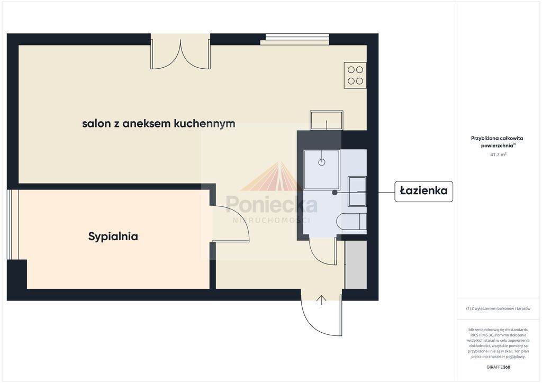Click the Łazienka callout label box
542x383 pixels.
423,191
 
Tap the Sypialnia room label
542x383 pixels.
113,237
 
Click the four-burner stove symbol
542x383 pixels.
355,75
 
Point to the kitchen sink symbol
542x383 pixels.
326,120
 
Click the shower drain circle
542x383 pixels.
322,162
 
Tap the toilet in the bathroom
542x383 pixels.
351,221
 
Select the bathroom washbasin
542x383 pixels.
357,191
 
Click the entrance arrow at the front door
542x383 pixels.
321,300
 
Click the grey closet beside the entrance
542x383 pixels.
356,265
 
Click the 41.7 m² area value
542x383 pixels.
498,154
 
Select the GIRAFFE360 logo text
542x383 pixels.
498,367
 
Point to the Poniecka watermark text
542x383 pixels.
272,204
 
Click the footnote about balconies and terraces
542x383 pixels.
498,308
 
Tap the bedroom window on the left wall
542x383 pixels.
13,224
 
